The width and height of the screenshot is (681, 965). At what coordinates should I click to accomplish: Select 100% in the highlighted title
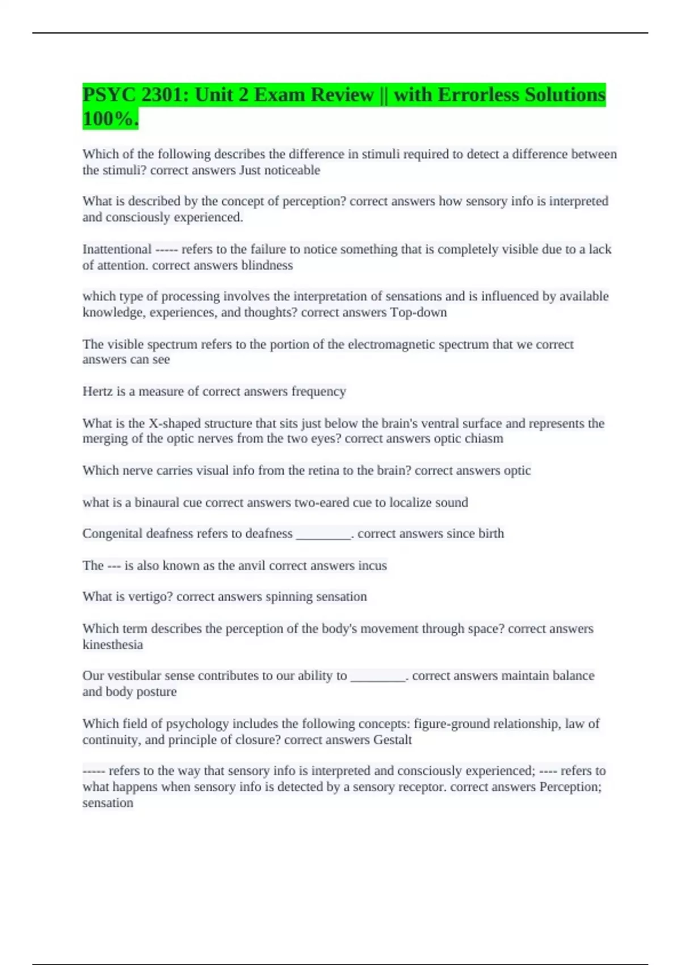[110, 119]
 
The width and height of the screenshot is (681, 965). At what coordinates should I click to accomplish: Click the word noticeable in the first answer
[292, 170]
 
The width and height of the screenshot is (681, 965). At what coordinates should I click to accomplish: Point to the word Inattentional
[117, 249]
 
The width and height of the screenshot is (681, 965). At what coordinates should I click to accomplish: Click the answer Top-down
[418, 312]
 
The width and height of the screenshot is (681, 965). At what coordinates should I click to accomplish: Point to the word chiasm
[484, 439]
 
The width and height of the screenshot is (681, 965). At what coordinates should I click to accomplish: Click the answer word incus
[372, 565]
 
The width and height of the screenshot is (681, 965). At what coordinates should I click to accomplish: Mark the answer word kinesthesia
[112, 645]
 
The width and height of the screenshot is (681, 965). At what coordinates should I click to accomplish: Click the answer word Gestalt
[392, 740]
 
